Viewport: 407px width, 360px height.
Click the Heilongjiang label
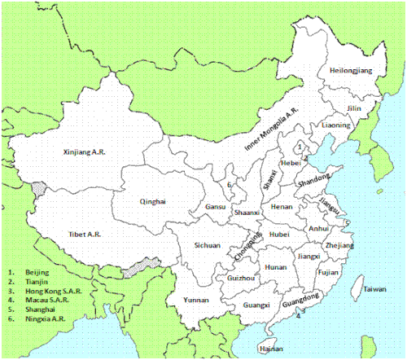351,71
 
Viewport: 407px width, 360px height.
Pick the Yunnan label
196,299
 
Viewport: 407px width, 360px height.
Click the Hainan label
269,348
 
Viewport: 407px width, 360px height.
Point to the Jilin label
353,108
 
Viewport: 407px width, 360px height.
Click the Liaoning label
335,125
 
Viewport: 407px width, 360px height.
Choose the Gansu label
215,207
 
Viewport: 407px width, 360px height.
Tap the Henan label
281,207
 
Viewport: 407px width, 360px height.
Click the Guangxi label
256,305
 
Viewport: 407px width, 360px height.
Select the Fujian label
329,272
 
